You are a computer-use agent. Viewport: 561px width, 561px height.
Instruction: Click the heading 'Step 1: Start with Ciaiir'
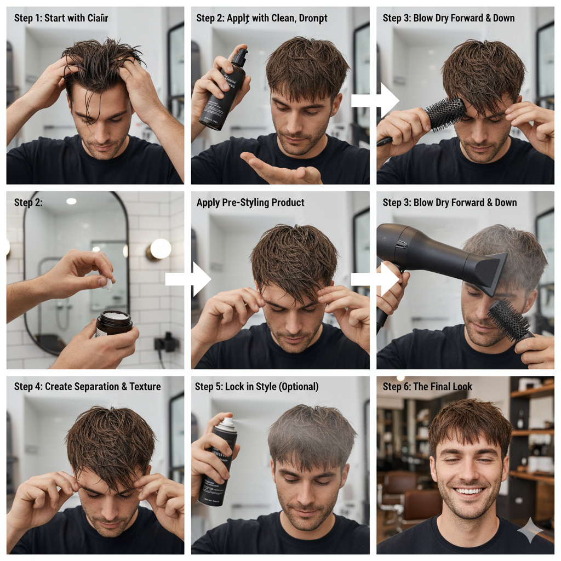(61, 18)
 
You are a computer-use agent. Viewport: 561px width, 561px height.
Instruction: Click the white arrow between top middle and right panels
(375, 100)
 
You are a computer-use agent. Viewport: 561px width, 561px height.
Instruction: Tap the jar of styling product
(114, 323)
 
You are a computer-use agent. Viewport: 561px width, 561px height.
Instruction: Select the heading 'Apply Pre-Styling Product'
(250, 203)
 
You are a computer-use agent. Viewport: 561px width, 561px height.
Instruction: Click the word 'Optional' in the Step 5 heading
(297, 387)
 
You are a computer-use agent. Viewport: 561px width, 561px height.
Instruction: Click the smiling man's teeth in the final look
(470, 491)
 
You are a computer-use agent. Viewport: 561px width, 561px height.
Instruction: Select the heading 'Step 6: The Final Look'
(427, 387)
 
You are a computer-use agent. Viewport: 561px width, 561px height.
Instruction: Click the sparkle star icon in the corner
(530, 529)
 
